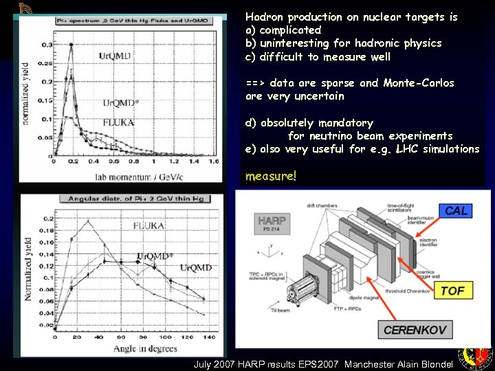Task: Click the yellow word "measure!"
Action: click(x=271, y=176)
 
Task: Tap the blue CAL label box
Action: click(x=456, y=211)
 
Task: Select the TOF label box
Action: click(x=452, y=291)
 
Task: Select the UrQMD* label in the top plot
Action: click(x=121, y=103)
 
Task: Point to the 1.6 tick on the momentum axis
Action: click(x=212, y=162)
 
